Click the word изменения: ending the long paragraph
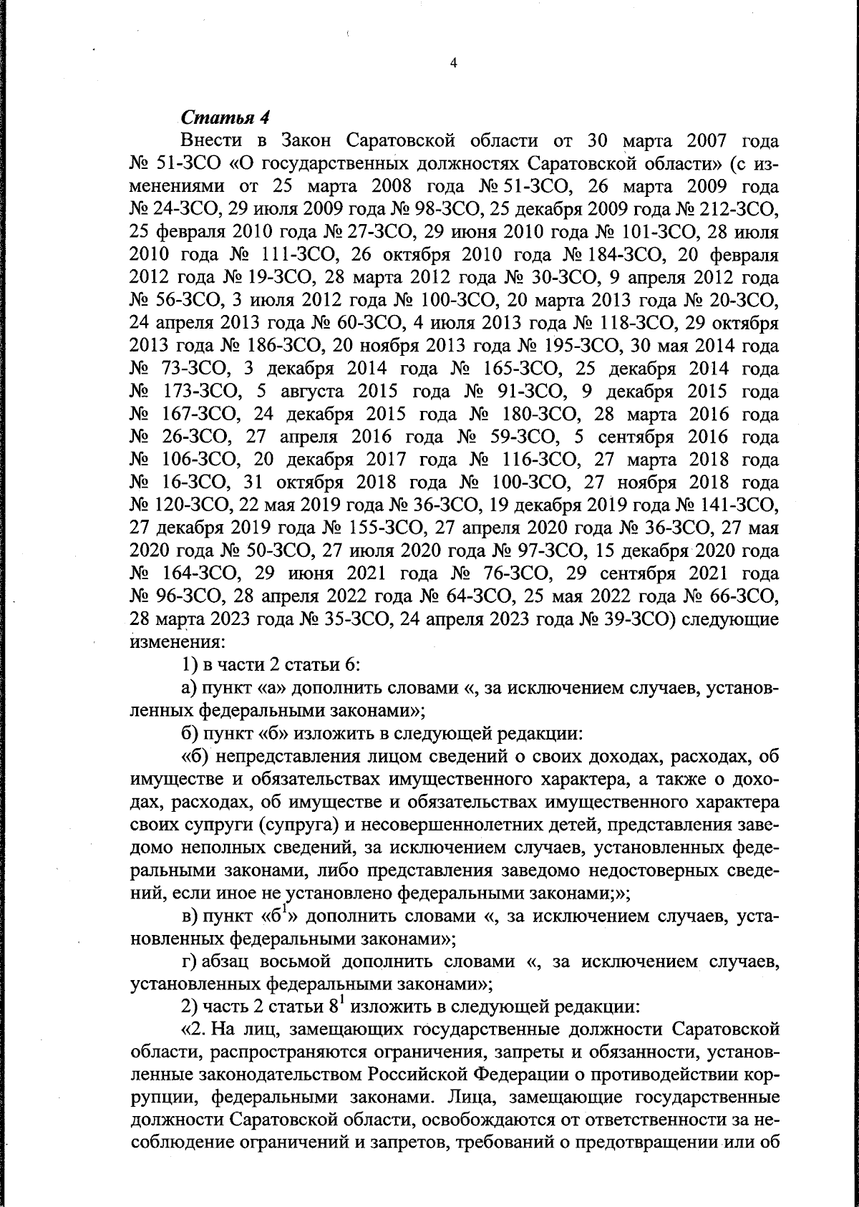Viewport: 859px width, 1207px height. click(x=167, y=641)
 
